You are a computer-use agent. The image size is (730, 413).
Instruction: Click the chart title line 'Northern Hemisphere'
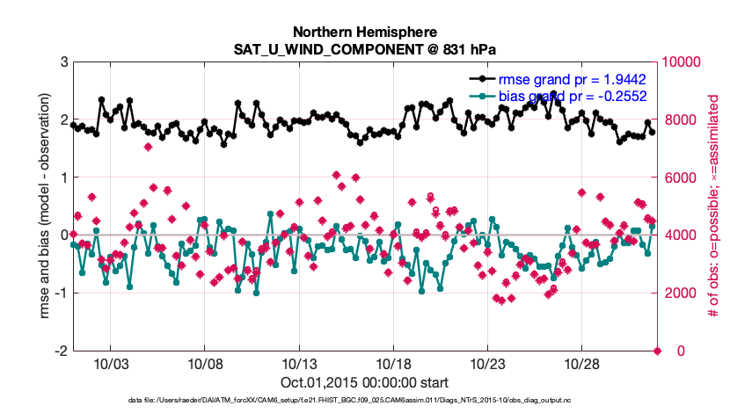[x=365, y=33]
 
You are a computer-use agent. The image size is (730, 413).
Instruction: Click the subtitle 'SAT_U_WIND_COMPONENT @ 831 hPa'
[x=365, y=49]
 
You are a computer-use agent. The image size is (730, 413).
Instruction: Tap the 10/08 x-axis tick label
[x=204, y=364]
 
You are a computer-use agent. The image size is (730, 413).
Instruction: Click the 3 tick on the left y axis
[x=63, y=62]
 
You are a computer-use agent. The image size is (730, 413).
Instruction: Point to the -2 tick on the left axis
[x=61, y=351]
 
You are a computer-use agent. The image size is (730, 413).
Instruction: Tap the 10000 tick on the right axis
[x=683, y=62]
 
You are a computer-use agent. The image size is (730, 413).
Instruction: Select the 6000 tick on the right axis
[x=679, y=178]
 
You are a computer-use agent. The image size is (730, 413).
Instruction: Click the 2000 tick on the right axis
[x=679, y=293]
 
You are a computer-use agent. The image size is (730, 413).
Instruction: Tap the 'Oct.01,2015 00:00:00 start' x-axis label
[x=365, y=382]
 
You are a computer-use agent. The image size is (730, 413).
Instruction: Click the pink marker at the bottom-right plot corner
[x=657, y=351]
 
